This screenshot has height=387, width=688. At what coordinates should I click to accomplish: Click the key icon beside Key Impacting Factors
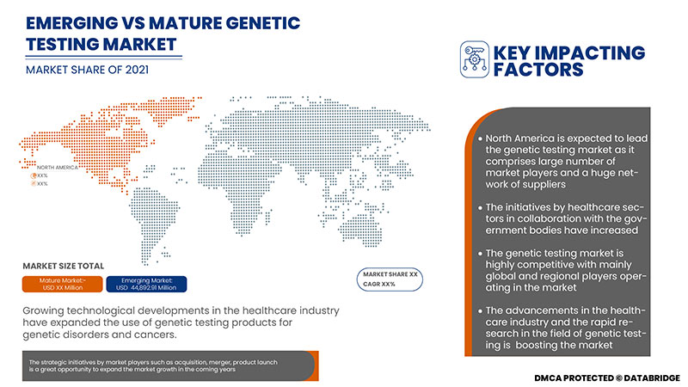coord(473,56)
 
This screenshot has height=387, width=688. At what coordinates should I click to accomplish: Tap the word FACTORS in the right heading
coord(537,68)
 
